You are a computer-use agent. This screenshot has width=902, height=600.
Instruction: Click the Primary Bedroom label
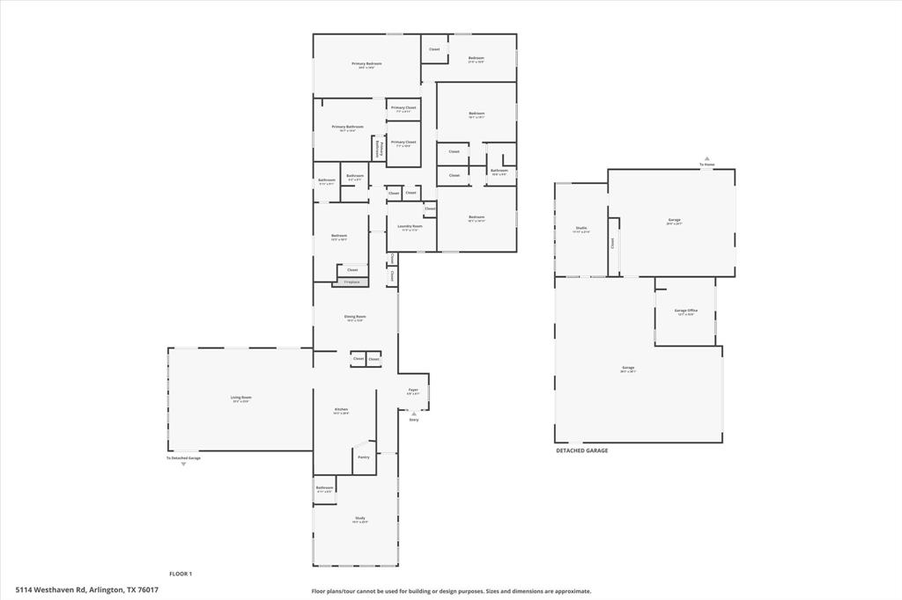pyautogui.click(x=366, y=64)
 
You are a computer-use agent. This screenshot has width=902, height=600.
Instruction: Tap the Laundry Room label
pyautogui.click(x=411, y=226)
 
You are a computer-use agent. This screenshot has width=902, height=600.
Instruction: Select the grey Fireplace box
pyautogui.click(x=351, y=282)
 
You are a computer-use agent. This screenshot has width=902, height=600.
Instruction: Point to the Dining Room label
pyautogui.click(x=355, y=317)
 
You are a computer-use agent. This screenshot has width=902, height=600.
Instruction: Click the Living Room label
pyautogui.click(x=240, y=399)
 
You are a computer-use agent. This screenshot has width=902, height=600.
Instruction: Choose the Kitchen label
pyautogui.click(x=341, y=410)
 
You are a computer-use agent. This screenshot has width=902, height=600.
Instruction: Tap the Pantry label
pyautogui.click(x=363, y=457)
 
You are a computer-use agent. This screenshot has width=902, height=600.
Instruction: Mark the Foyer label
pyautogui.click(x=412, y=390)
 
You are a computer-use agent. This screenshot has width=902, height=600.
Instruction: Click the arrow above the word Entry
pyautogui.click(x=414, y=413)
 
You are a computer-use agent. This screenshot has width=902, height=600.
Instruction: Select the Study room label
pyautogui.click(x=359, y=519)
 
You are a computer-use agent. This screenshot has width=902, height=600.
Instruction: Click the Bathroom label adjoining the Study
pyautogui.click(x=324, y=488)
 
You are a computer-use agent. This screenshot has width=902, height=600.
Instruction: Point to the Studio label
pyautogui.click(x=581, y=229)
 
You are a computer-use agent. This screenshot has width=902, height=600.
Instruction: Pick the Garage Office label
pyautogui.click(x=686, y=311)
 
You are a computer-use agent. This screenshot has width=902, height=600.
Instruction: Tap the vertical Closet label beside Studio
pyautogui.click(x=613, y=243)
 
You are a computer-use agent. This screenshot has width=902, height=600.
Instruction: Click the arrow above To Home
pyautogui.click(x=706, y=158)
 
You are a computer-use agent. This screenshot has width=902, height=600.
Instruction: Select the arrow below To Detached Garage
pyautogui.click(x=183, y=465)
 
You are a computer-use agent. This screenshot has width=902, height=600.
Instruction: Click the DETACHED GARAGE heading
pyautogui.click(x=581, y=450)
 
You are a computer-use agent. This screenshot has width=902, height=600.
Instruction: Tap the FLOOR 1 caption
pyautogui.click(x=181, y=574)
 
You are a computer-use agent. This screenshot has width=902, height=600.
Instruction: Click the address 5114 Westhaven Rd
pyautogui.click(x=86, y=590)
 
